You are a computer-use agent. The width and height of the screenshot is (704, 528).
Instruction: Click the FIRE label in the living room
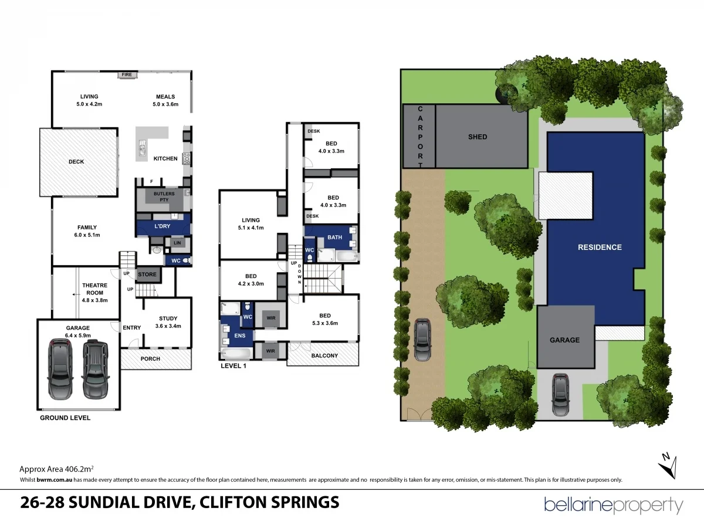click(x=127, y=75)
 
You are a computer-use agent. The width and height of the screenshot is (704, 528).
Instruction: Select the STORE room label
click(x=147, y=274)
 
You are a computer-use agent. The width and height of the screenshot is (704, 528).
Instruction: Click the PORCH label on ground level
click(x=150, y=358)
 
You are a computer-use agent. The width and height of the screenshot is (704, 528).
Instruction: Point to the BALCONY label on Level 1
click(x=324, y=356)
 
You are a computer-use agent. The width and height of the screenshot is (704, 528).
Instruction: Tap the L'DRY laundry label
click(x=162, y=226)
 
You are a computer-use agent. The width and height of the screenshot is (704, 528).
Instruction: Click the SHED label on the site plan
click(x=478, y=137)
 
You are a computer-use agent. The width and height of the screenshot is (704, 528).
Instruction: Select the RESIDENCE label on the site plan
click(x=600, y=247)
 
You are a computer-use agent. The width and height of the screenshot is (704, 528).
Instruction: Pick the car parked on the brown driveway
click(x=422, y=339)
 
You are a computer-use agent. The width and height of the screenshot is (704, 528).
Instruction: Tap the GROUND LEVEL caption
click(x=65, y=418)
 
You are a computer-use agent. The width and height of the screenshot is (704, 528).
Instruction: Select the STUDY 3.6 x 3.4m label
click(x=168, y=322)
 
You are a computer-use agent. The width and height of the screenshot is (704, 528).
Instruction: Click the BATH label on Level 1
click(x=334, y=237)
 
